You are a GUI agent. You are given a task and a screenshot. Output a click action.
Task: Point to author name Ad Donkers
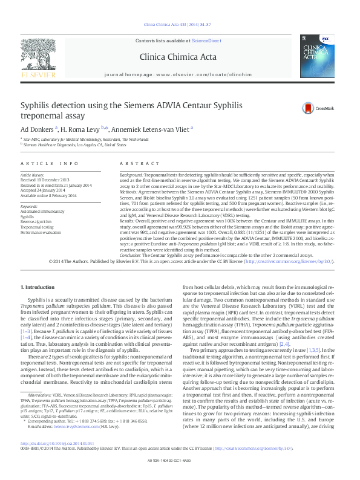(x=37, y=128)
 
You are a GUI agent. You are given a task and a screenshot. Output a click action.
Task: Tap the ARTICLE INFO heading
(x=50, y=164)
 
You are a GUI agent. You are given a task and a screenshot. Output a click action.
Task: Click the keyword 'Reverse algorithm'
(x=35, y=221)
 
